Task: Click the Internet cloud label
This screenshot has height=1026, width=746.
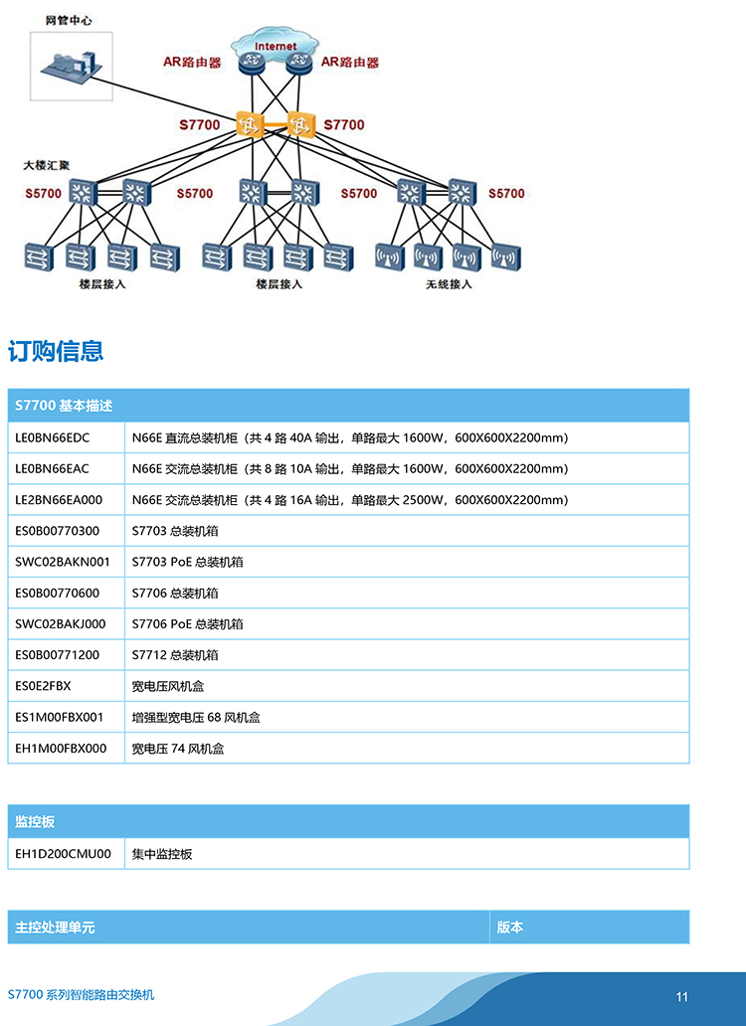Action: click(x=276, y=47)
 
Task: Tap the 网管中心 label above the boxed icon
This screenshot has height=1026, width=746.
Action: click(x=69, y=20)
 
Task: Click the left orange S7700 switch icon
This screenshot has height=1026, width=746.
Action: click(x=250, y=124)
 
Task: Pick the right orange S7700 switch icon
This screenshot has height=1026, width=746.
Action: click(x=300, y=124)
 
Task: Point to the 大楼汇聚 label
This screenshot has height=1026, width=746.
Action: click(x=47, y=166)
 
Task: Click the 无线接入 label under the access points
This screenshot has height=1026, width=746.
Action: click(x=449, y=284)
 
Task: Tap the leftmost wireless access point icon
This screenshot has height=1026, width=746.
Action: click(x=390, y=257)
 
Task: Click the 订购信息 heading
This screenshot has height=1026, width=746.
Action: click(x=56, y=351)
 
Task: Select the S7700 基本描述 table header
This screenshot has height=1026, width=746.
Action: click(x=64, y=406)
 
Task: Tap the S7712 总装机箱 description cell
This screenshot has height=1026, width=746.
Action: click(x=175, y=655)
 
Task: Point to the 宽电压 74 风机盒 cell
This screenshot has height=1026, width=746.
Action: click(x=178, y=749)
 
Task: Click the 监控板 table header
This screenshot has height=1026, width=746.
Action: click(x=35, y=822)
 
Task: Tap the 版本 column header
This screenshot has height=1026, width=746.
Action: click(x=510, y=928)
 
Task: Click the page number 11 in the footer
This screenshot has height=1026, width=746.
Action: click(x=682, y=996)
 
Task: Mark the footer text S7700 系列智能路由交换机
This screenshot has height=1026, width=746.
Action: click(x=82, y=994)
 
